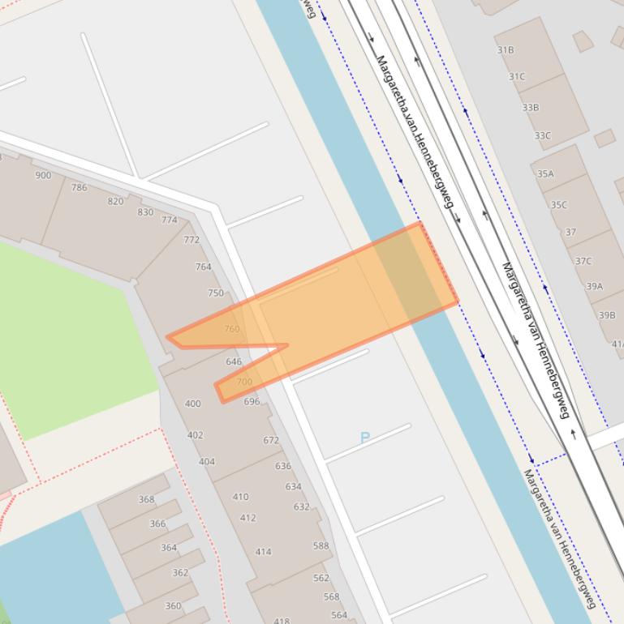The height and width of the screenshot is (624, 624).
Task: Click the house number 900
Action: click(43, 175)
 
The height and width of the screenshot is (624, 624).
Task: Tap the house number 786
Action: click(79, 187)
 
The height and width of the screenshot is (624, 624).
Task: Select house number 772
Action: click(192, 239)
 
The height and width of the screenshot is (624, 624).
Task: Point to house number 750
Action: click(215, 293)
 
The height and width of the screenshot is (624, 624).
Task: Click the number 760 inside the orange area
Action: click(232, 329)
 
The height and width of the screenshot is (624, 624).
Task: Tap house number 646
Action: click(234, 361)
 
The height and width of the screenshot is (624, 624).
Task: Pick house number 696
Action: click(252, 401)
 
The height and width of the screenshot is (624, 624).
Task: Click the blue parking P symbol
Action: click(364, 438)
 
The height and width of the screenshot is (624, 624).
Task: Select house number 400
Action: click(192, 403)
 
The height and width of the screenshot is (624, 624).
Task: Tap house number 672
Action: click(271, 440)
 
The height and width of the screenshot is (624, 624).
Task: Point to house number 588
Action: click(321, 545)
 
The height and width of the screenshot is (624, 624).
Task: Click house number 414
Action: click(263, 551)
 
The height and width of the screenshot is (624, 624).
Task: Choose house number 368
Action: click(146, 499)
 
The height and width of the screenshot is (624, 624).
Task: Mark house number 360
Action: click(173, 605)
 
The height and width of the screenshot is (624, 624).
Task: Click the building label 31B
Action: click(506, 49)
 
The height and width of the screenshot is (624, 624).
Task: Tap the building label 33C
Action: click(542, 135)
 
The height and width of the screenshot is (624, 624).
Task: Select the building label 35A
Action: click(545, 173)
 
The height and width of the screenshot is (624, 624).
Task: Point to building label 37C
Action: click(583, 261)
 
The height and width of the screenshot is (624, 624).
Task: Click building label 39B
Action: click(607, 315)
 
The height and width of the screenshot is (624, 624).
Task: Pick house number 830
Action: click(145, 212)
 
